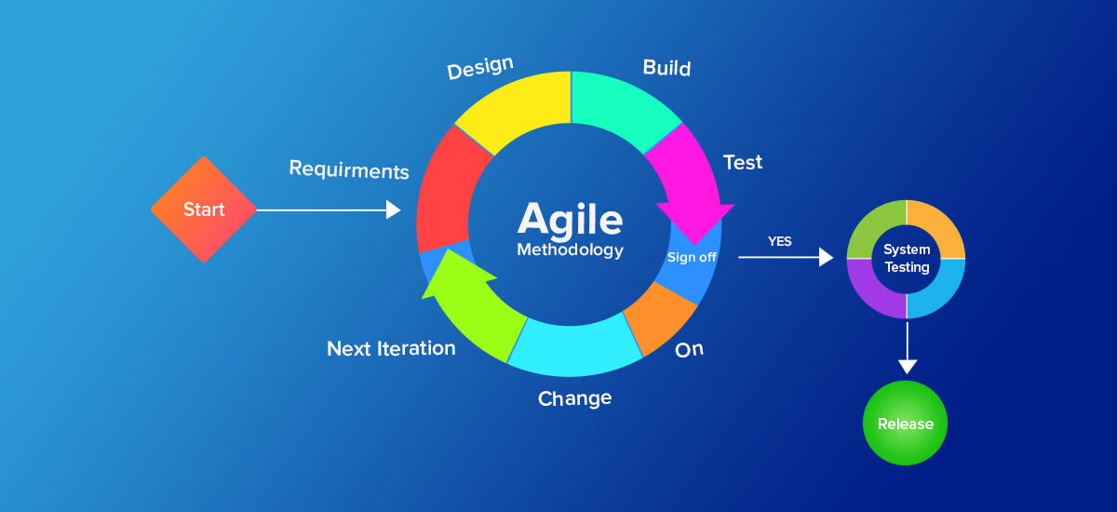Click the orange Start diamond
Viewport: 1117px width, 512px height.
[x=203, y=209]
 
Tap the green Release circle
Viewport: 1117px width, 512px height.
[x=905, y=424]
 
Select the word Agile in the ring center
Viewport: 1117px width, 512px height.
[x=570, y=219]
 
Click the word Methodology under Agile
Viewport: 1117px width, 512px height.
[x=570, y=249]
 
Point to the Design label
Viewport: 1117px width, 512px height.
[x=480, y=68]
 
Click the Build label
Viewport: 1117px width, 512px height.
[x=666, y=68]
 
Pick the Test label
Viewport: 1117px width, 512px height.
[x=742, y=162]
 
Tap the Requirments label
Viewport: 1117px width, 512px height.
[x=349, y=169]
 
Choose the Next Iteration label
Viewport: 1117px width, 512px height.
[x=391, y=348]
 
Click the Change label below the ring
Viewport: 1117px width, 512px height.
[x=574, y=398]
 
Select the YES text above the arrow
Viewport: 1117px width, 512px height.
[x=779, y=241]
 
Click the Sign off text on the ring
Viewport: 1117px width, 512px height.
[x=692, y=257]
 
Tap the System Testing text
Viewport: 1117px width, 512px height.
[x=906, y=259]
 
